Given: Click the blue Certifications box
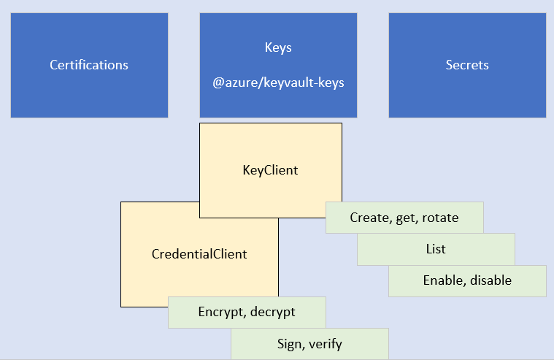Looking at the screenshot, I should pyautogui.click(x=89, y=65).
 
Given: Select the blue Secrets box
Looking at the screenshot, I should pyautogui.click(x=467, y=65).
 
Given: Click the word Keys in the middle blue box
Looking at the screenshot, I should pyautogui.click(x=278, y=47).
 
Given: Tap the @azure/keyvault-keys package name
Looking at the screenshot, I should pyautogui.click(x=278, y=83).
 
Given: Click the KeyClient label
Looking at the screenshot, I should pyautogui.click(x=270, y=170).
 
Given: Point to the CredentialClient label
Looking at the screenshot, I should pyautogui.click(x=199, y=254).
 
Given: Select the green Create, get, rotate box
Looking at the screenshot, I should pyautogui.click(x=404, y=218).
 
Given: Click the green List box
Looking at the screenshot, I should pyautogui.click(x=436, y=249).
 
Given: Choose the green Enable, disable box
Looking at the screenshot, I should pyautogui.click(x=467, y=280).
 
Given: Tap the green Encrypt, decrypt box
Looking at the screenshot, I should pyautogui.click(x=247, y=312).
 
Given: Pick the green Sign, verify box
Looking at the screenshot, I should pyautogui.click(x=309, y=343).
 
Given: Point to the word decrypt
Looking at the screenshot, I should pyautogui.click(x=273, y=313).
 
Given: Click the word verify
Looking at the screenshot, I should pyautogui.click(x=326, y=343).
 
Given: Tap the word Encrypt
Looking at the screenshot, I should pyautogui.click(x=221, y=312).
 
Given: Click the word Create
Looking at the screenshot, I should pyautogui.click(x=368, y=218).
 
